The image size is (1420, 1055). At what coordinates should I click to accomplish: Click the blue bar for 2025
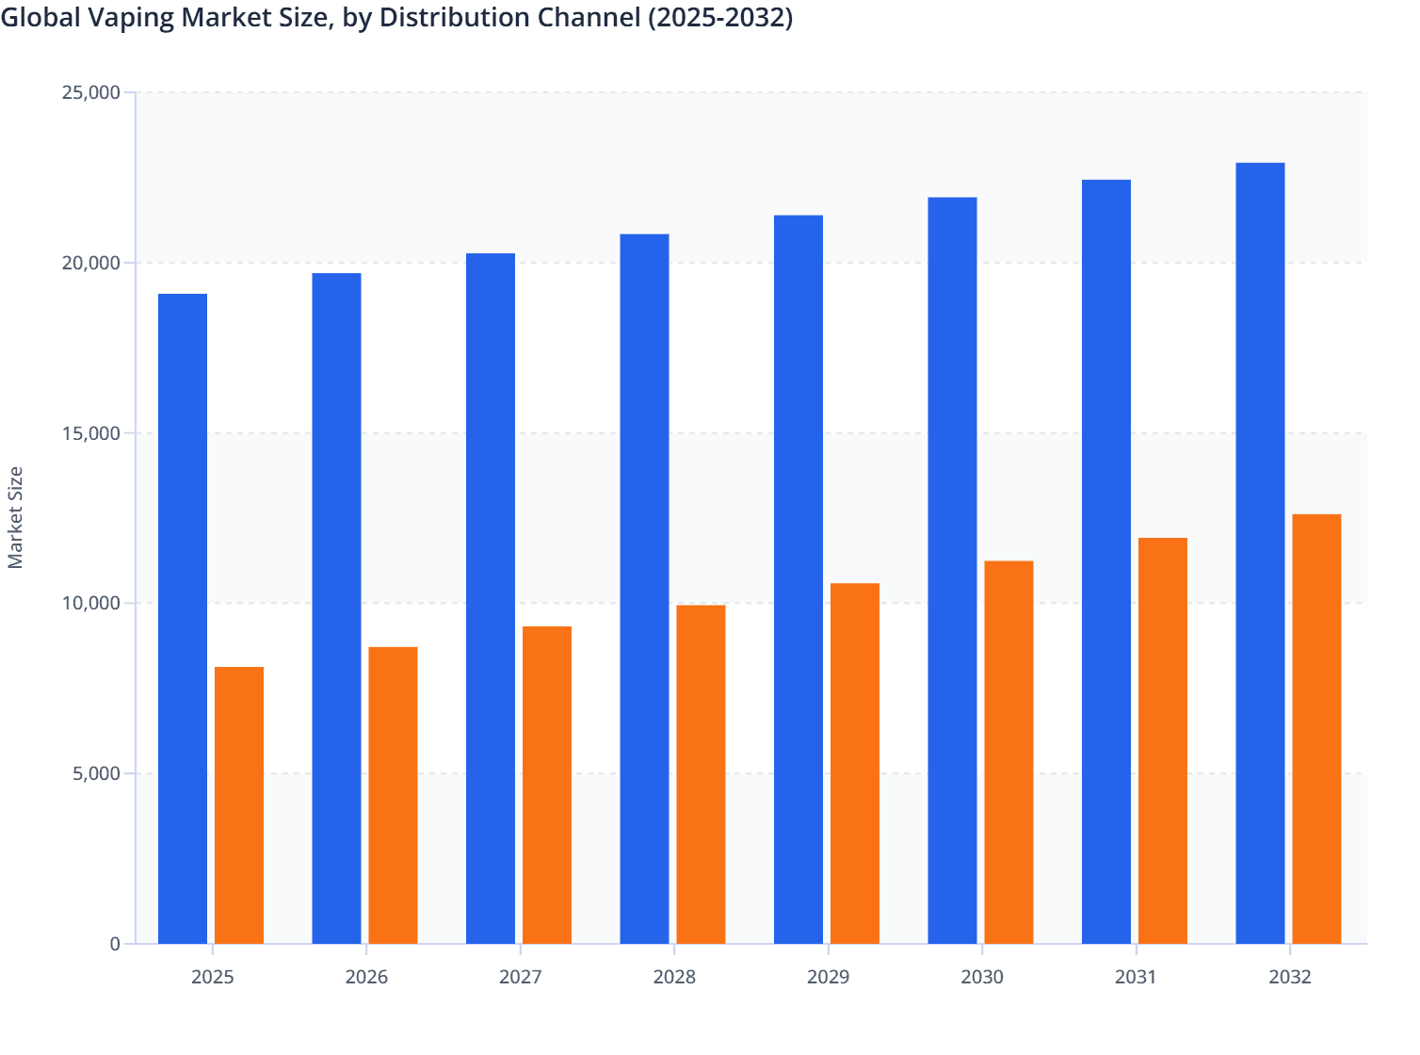tap(183, 619)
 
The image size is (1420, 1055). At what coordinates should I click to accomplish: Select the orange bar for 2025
tap(239, 805)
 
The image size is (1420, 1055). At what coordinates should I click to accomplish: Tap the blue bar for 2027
tap(491, 598)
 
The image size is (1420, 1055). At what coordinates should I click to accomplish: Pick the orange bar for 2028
tap(701, 774)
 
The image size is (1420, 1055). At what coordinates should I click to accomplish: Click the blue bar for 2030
tap(952, 570)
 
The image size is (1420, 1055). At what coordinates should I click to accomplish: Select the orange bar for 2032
tap(1316, 729)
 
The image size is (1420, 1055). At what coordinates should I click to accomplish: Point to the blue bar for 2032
tap(1260, 553)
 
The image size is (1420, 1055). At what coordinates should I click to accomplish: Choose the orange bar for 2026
tap(393, 795)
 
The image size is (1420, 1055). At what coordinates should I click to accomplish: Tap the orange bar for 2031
tap(1163, 740)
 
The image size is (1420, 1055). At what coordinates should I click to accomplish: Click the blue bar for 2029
tap(799, 579)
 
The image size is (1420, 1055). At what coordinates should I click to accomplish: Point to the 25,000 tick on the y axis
tap(90, 92)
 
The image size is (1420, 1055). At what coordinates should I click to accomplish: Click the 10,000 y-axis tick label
tap(90, 603)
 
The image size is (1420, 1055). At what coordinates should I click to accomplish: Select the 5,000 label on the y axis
tap(95, 773)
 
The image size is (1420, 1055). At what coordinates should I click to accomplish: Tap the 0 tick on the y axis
tap(115, 944)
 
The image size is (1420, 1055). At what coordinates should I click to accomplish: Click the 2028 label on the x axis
tap(674, 977)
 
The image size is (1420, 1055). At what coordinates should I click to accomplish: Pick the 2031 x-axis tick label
tap(1136, 977)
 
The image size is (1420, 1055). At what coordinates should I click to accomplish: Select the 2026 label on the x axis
tap(366, 977)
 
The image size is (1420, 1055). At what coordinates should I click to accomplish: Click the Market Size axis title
tap(15, 517)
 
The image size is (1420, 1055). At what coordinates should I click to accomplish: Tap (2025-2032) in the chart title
tap(718, 17)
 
